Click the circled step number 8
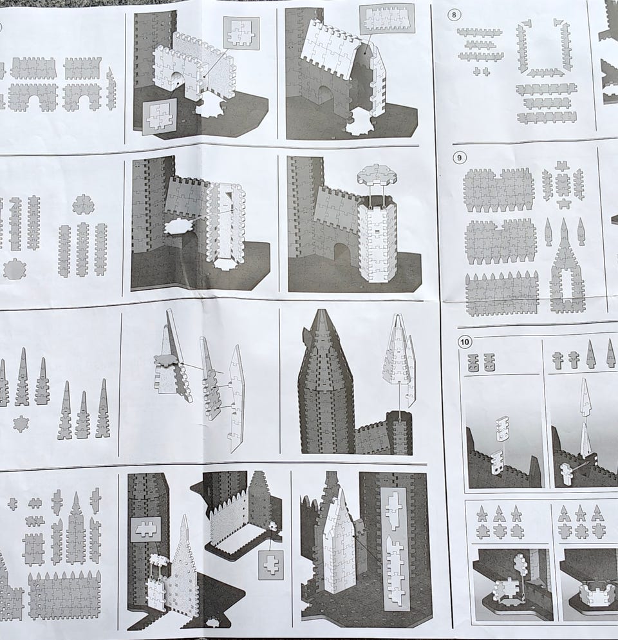[454, 15]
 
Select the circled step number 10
[465, 341]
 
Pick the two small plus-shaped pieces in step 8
[481, 71]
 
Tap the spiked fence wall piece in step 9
[501, 294]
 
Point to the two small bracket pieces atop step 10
[481, 362]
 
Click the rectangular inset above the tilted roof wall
[387, 19]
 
